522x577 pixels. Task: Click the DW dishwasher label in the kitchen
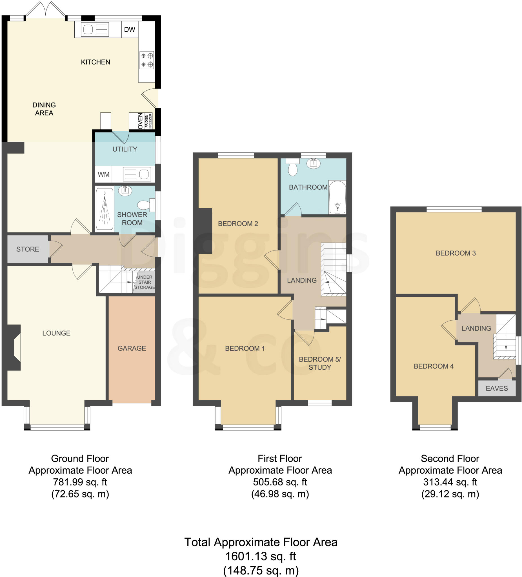click(129, 30)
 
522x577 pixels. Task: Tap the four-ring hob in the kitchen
click(147, 60)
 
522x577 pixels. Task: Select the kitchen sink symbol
click(95, 30)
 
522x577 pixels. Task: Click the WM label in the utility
click(103, 174)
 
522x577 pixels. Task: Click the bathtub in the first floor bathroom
click(337, 197)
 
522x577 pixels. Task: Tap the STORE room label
click(28, 249)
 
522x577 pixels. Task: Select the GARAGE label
click(132, 348)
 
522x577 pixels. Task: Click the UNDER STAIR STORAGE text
click(145, 282)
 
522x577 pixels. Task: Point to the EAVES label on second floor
click(497, 389)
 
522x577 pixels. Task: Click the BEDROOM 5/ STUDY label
click(320, 363)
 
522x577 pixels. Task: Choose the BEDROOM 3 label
click(456, 253)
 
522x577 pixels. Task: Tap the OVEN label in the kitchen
click(140, 121)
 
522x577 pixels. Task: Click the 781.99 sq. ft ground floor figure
click(80, 482)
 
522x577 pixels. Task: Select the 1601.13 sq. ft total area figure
click(260, 556)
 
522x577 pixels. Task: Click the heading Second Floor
click(450, 458)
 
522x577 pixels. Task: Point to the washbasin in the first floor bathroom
click(313, 163)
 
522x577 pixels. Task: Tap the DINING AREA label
click(44, 109)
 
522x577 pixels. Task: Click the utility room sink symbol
click(137, 174)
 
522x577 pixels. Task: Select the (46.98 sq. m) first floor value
click(280, 494)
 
